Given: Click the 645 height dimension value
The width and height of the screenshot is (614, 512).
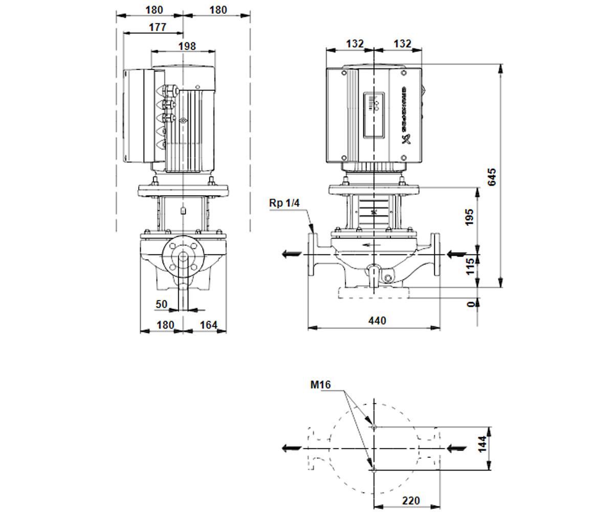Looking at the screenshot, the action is (x=491, y=177).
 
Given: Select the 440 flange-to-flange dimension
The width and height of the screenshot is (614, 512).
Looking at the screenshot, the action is (x=377, y=321).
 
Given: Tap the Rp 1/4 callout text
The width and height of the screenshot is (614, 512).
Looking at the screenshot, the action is (x=284, y=203).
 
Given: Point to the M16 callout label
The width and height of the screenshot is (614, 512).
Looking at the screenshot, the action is (x=320, y=385).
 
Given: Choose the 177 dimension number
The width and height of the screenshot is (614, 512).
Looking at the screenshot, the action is (x=158, y=27).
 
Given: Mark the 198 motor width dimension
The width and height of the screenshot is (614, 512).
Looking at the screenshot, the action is (x=187, y=46).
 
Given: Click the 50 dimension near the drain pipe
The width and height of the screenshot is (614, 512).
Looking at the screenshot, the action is (x=161, y=304).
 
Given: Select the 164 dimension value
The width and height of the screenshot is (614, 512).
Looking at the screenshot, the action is (x=209, y=325).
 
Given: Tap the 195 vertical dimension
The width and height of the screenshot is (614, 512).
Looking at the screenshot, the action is (x=470, y=217).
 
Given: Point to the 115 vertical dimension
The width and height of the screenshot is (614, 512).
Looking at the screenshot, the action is (x=470, y=266).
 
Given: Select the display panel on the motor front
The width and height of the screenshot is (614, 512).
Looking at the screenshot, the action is (x=374, y=115).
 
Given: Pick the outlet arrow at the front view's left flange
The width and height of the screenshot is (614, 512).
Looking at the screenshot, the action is (x=292, y=254).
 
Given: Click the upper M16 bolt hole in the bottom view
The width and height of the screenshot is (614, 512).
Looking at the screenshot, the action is (x=374, y=426).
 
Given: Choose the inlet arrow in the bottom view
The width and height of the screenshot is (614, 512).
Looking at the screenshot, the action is (x=457, y=449).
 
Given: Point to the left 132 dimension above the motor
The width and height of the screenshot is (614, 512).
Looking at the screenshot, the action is (x=355, y=44).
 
